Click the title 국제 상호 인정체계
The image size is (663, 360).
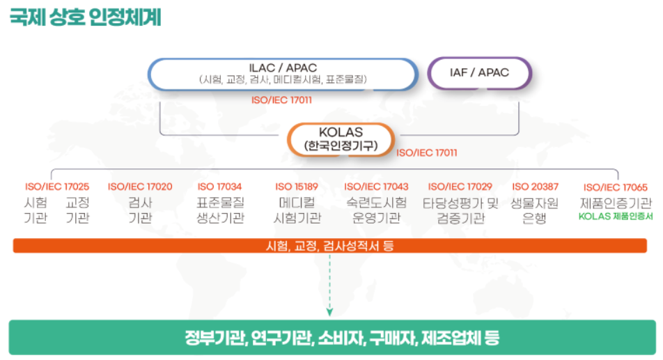point(85,17)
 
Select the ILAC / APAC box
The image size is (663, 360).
point(283,74)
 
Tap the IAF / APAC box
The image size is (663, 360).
point(479,72)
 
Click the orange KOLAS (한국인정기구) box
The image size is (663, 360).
point(341,139)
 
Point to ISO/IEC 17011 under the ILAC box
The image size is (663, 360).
point(281,100)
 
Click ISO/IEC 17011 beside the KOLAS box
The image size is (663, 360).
point(427,152)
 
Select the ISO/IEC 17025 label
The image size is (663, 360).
point(57,187)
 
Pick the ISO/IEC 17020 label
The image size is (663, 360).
point(140,187)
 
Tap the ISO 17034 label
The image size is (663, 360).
point(219,187)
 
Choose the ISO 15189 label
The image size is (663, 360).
point(297,187)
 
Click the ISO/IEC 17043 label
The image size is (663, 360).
point(376,187)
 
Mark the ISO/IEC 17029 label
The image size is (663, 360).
point(460,187)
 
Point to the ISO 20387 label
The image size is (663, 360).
point(536,187)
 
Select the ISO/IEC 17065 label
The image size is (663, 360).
point(616,187)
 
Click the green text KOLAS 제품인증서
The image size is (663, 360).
point(616,217)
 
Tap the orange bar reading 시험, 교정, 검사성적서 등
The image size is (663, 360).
point(330,246)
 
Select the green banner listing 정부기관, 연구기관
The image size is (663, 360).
point(332,337)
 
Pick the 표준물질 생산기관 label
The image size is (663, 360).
point(220,210)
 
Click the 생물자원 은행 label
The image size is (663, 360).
point(534,210)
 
